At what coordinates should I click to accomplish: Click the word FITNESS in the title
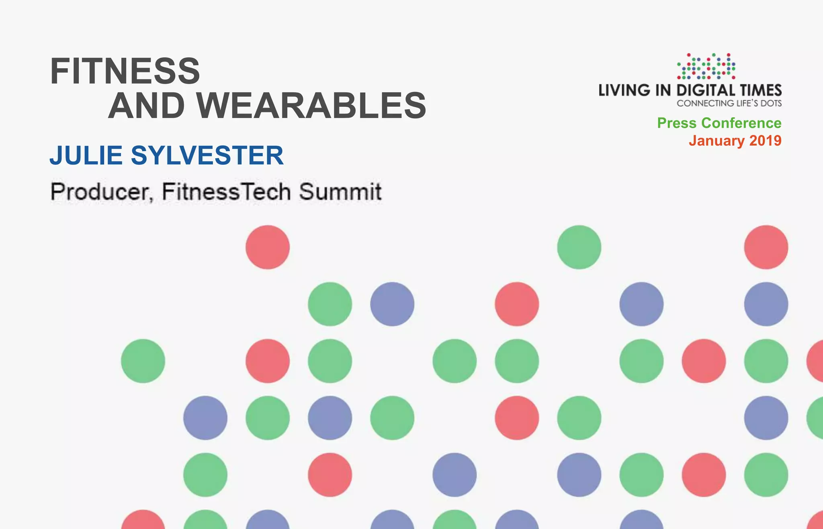[125, 71]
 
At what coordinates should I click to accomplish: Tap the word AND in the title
[147, 106]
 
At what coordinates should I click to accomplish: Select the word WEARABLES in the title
[311, 106]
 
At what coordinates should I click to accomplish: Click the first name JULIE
[86, 155]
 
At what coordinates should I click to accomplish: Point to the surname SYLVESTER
[207, 155]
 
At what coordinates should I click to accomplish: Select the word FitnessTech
[226, 192]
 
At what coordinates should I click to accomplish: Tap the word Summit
[340, 192]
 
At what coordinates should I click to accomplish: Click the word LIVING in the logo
[624, 90]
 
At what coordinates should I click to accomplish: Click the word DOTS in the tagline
[771, 103]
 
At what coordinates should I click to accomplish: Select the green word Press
[677, 123]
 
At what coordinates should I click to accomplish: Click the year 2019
[766, 141]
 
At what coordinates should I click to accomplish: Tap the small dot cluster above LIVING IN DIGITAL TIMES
[706, 66]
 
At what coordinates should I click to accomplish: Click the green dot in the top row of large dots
[579, 247]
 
